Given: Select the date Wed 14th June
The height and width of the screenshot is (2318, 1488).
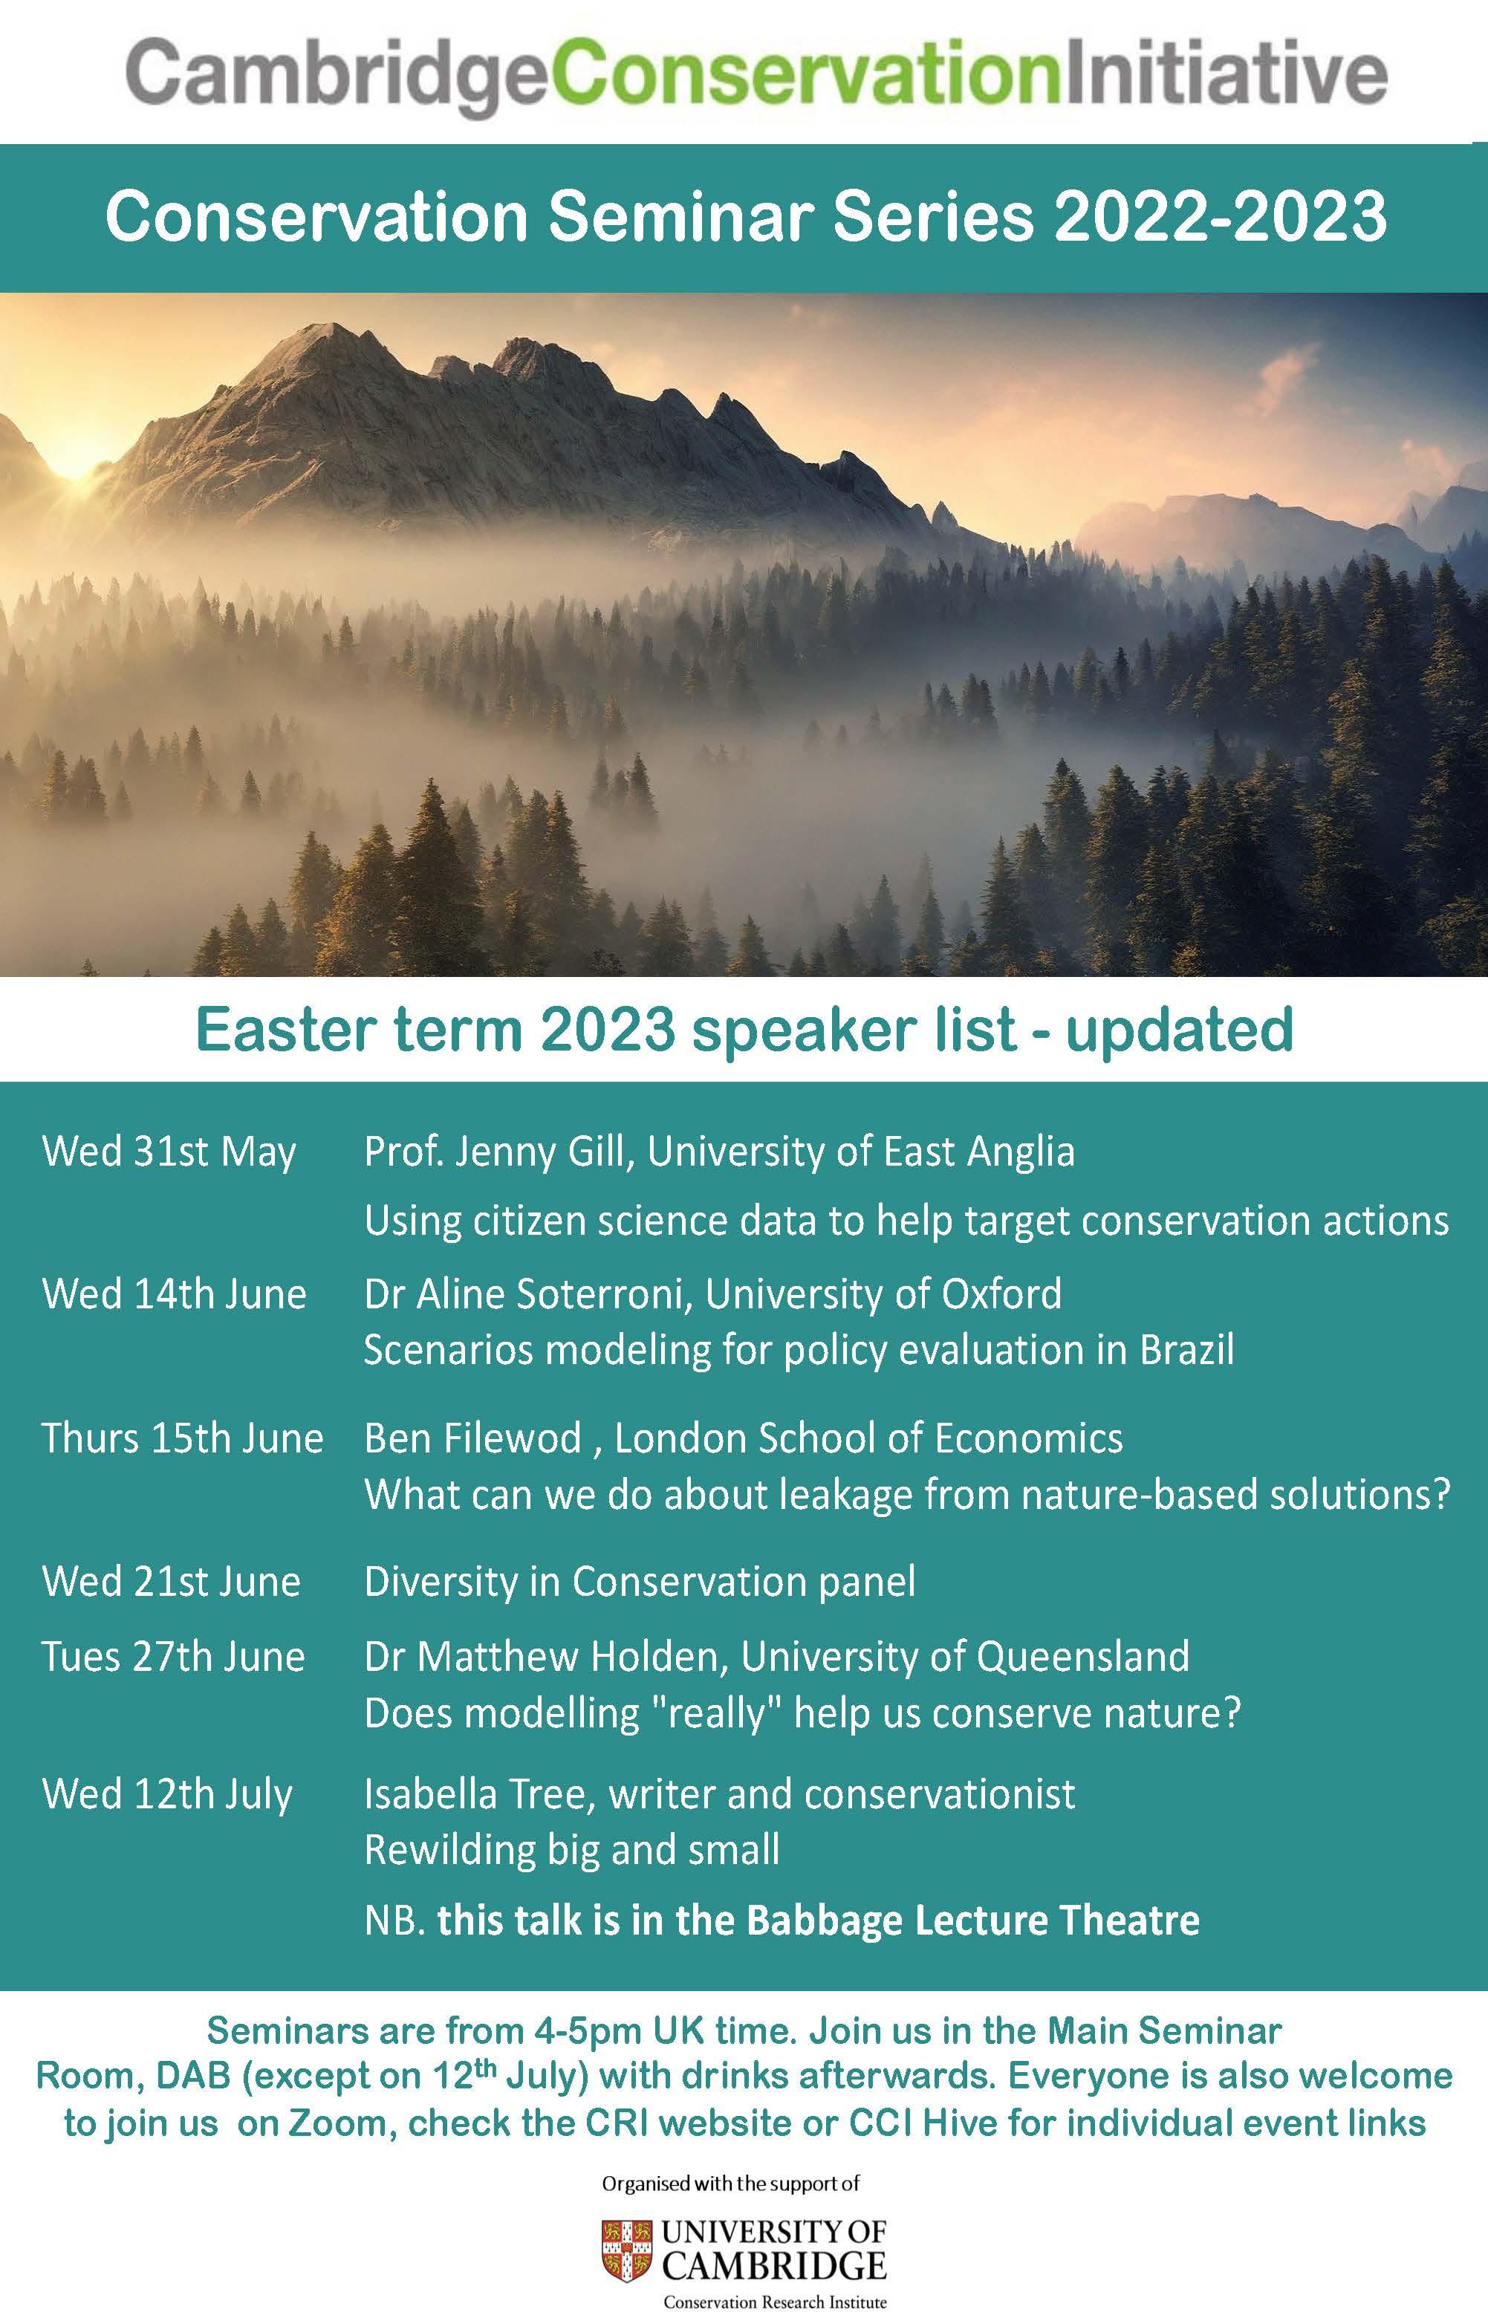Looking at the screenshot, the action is coord(174,1293).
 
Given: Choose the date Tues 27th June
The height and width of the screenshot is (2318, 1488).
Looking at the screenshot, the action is coord(173,1656).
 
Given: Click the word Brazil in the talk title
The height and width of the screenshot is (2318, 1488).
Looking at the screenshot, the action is coord(1186,1350).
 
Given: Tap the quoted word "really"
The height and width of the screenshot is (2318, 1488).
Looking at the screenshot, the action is coord(716,1713).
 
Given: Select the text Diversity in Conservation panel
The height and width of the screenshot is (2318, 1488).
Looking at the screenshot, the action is coord(640,1582).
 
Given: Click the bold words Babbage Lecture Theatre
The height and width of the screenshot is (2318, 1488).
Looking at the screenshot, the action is coord(973,1921).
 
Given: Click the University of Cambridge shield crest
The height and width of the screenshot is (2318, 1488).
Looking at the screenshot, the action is coord(626,2250).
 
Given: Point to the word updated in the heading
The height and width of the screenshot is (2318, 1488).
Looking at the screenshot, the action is coord(1179,1030).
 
